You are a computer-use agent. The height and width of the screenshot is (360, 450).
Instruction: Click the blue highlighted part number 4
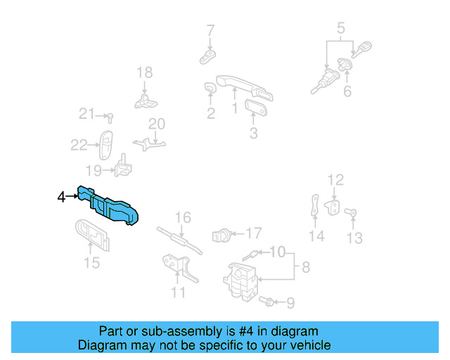112,207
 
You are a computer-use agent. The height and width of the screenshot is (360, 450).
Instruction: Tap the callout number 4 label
61,198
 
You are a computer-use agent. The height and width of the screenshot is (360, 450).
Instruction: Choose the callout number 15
92,263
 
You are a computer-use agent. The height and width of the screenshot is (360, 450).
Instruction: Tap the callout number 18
144,72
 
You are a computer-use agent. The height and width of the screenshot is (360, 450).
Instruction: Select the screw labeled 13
353,213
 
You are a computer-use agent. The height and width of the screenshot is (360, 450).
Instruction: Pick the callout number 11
179,291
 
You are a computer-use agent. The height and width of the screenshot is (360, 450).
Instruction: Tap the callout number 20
156,124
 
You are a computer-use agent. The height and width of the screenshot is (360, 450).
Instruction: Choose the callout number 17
253,232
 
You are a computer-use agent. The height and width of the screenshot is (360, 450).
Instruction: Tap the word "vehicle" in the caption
307,345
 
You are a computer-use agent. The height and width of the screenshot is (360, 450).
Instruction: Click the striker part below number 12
336,207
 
